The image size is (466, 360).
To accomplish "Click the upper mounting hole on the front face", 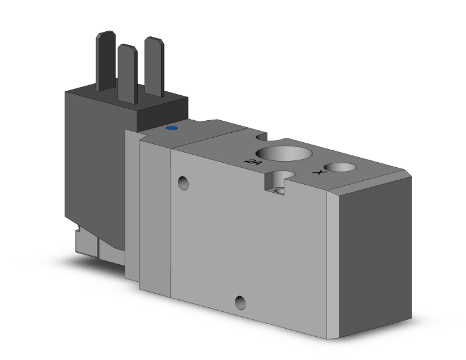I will pyautogui.click(x=182, y=183).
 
